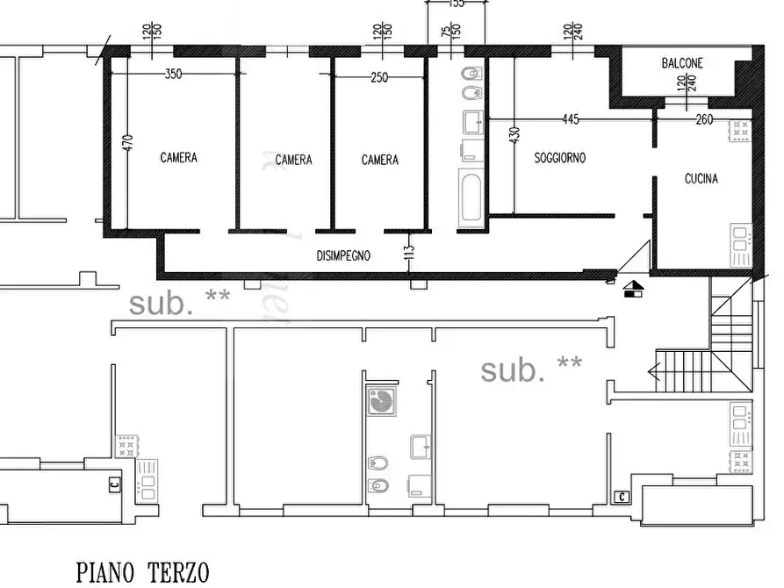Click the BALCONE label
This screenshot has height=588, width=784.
tap(682, 63)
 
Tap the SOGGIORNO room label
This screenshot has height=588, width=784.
tap(559, 159)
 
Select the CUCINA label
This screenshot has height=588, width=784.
tap(701, 179)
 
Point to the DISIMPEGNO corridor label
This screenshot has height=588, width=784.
tap(342, 256)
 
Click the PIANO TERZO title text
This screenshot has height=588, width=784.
tap(142, 573)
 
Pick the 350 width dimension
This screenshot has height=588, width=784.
tap(173, 75)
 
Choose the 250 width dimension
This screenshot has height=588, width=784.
tap(378, 77)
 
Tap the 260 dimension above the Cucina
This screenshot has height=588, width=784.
tap(704, 120)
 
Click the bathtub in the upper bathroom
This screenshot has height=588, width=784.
tap(470, 197)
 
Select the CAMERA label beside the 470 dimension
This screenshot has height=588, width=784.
tap(178, 158)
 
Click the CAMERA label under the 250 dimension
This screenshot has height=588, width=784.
tap(379, 160)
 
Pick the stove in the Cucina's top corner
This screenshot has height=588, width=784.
tap(739, 131)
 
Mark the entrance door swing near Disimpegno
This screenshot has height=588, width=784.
tap(632, 259)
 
